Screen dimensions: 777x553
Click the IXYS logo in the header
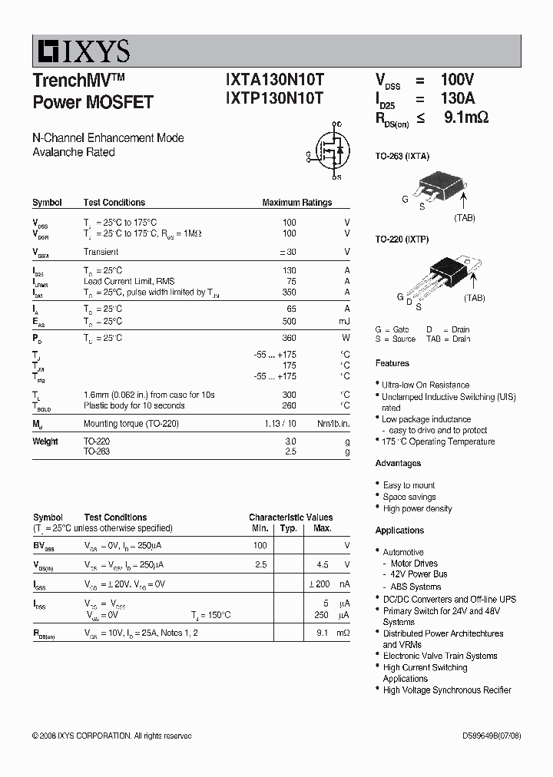(x=81, y=51)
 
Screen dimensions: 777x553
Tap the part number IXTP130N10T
(x=274, y=98)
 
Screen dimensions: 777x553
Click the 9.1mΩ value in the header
(x=466, y=117)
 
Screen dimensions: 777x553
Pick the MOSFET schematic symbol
(x=329, y=150)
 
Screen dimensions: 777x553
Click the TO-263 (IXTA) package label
(x=402, y=156)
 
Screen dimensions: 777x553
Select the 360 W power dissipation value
(x=289, y=338)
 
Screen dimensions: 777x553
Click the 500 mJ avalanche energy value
(x=289, y=321)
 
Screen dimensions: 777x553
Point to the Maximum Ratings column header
(x=297, y=203)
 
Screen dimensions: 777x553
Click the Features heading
(x=392, y=363)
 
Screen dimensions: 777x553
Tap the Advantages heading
(x=398, y=463)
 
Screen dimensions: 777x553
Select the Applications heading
(x=399, y=531)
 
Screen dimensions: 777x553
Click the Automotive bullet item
(x=403, y=552)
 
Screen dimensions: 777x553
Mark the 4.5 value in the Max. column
(x=322, y=564)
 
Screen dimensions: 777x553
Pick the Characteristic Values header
(x=290, y=517)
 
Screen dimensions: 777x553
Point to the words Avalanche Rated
(x=74, y=152)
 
